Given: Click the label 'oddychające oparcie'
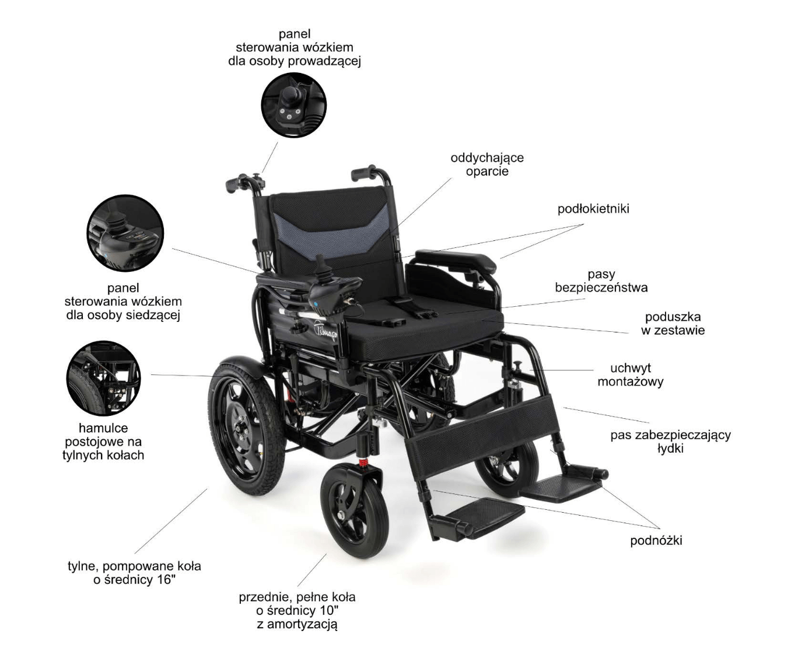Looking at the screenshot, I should point(487,164).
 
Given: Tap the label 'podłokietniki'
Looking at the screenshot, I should point(593,209).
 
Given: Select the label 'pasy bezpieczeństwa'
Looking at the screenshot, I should point(601,281).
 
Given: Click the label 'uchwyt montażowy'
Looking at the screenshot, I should point(630,375).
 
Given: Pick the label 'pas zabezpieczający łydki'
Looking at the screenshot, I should point(670,442).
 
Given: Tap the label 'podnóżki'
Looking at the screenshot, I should point(656,541).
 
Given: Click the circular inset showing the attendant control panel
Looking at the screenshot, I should point(293,105).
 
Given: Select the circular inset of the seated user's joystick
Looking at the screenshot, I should point(125,233).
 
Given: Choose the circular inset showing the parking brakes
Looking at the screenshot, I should point(103,379).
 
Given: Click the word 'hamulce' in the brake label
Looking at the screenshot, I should point(103,428).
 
